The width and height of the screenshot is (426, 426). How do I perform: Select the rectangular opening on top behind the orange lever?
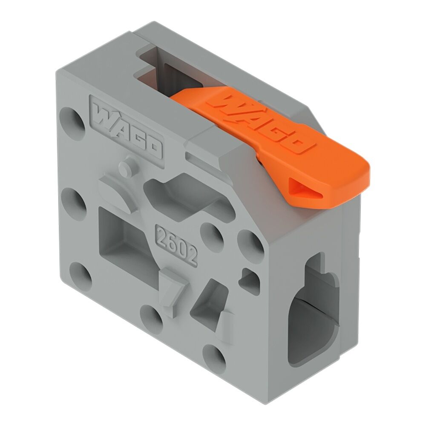click(x=170, y=72)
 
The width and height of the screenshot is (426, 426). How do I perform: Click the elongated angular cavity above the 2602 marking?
click(x=183, y=196)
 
